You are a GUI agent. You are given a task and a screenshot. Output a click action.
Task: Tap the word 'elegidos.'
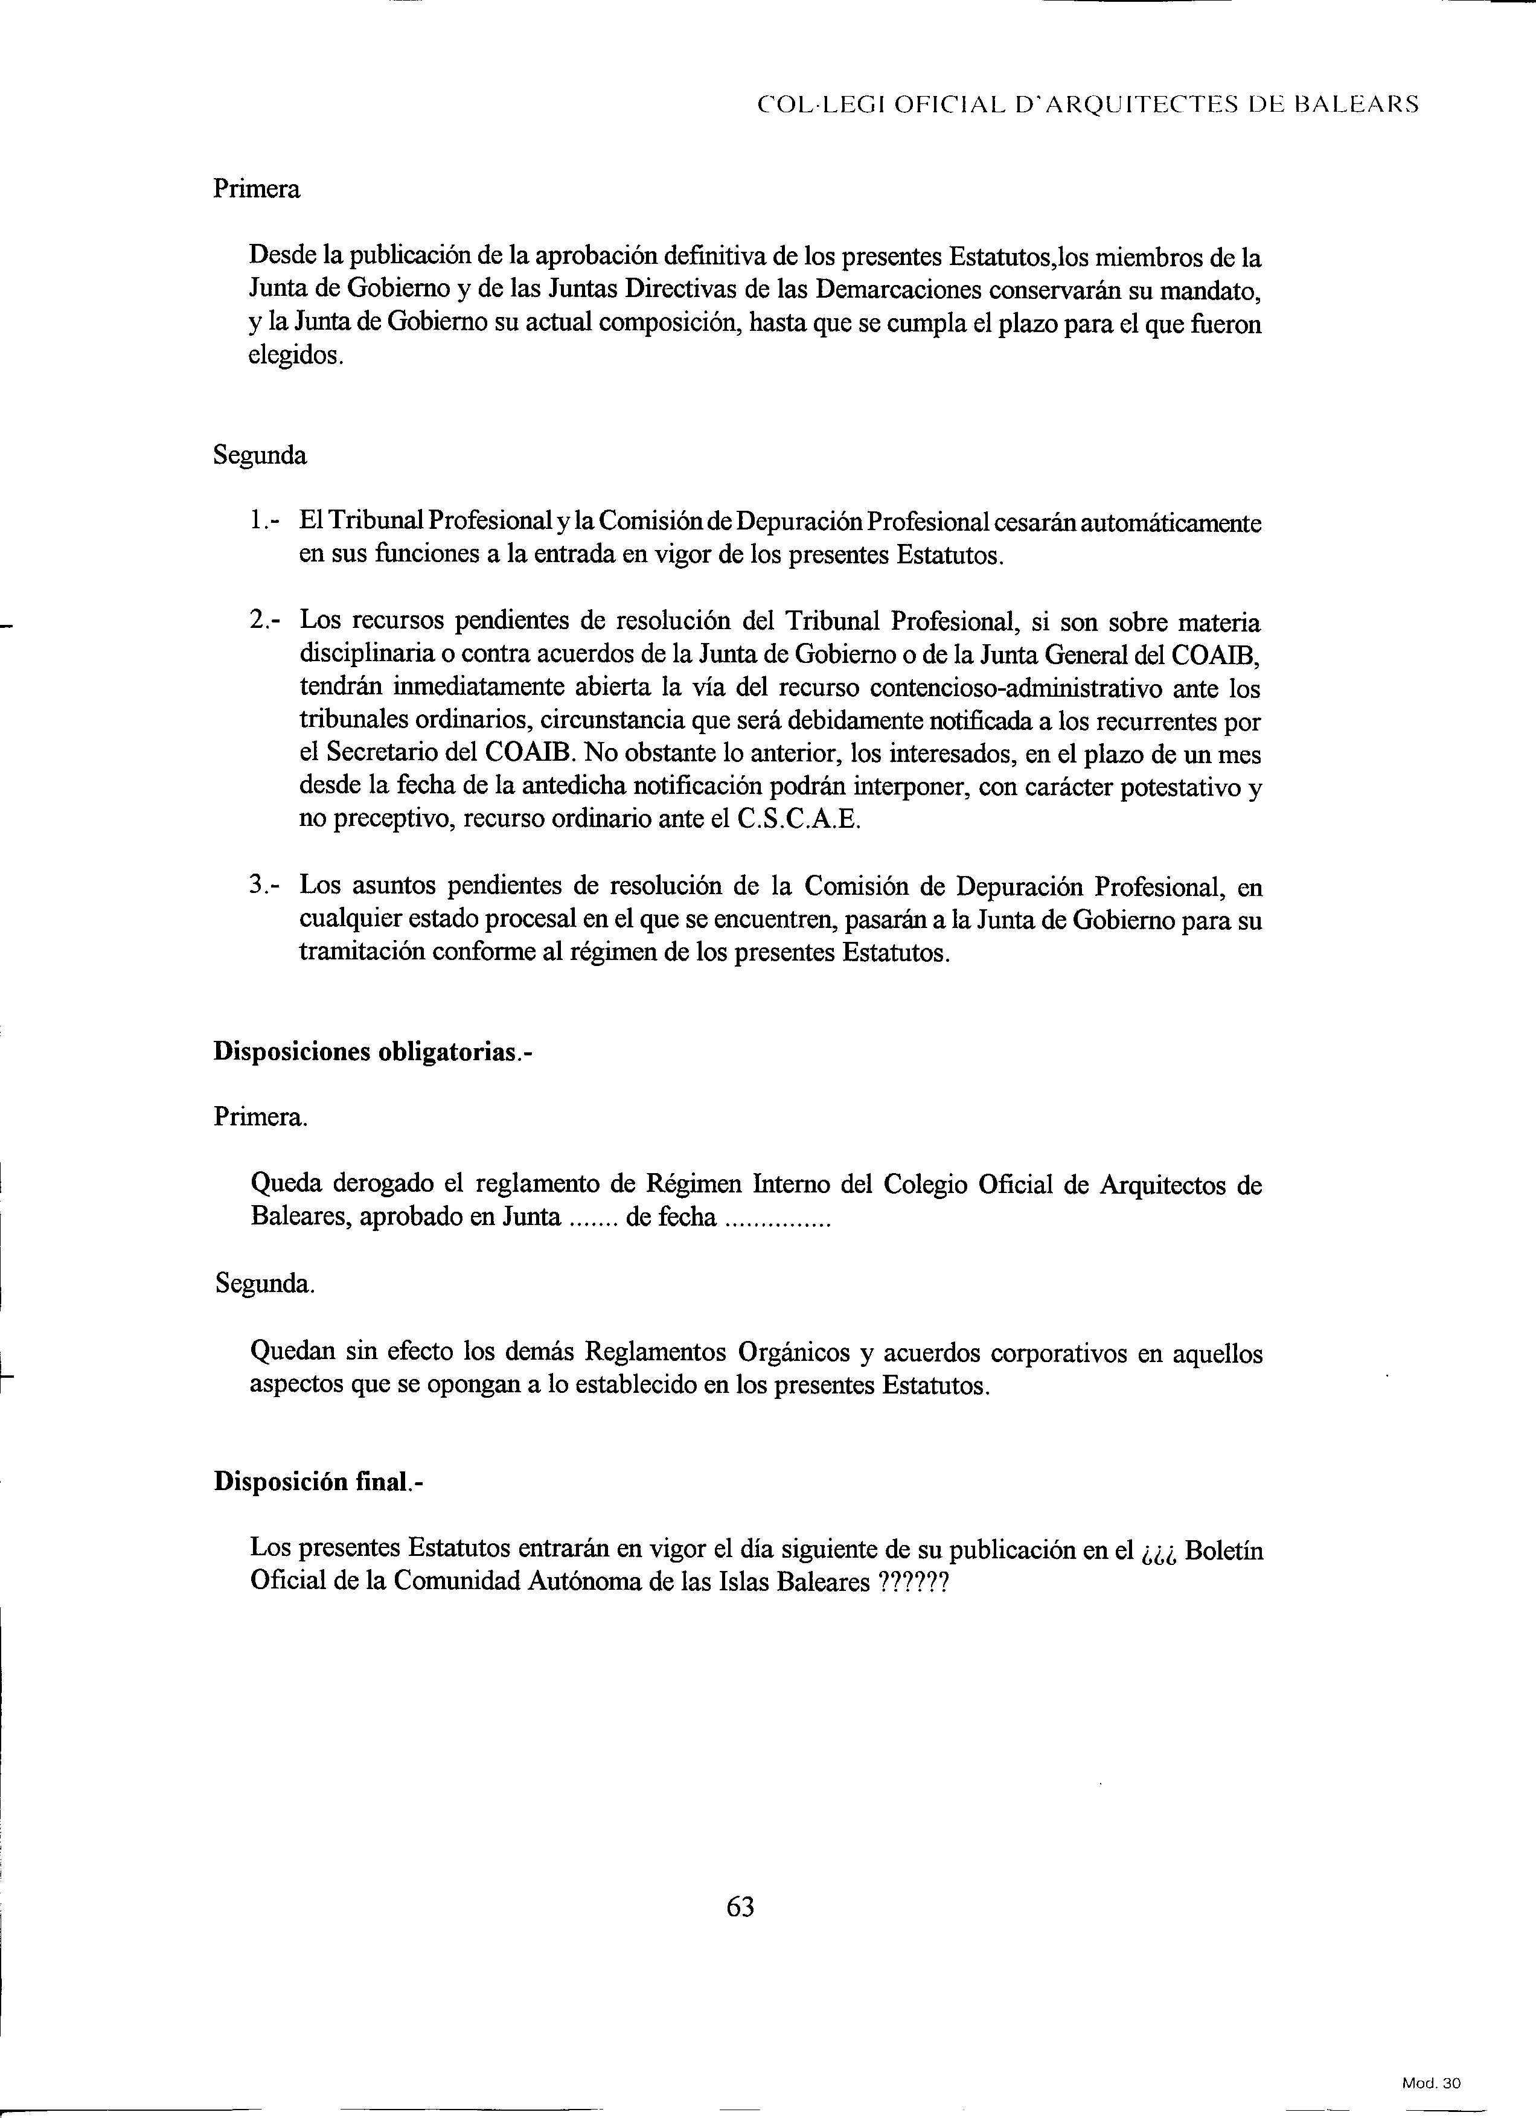(x=296, y=356)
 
